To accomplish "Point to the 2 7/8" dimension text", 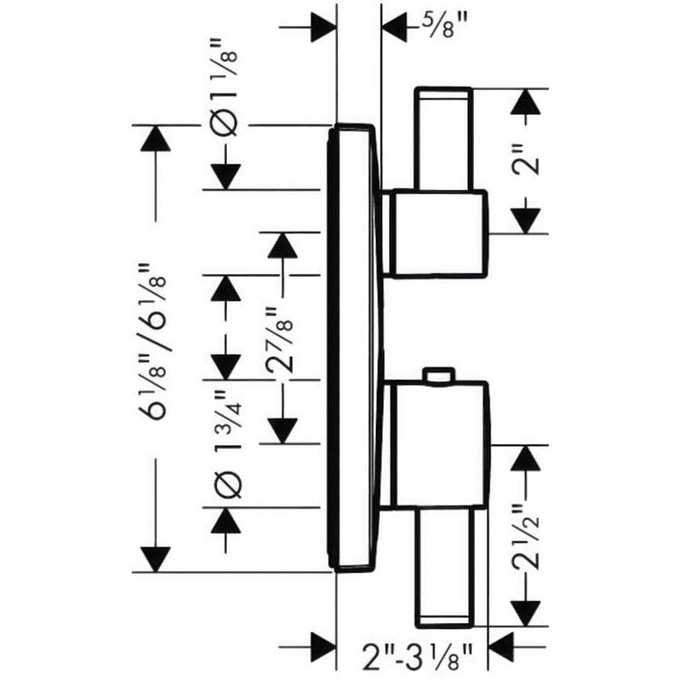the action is tap(280, 340).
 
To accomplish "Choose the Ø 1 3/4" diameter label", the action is tap(226, 444).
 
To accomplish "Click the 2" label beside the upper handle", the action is tap(527, 160).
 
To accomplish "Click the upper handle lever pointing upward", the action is tap(443, 139).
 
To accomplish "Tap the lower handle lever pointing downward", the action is tap(444, 567).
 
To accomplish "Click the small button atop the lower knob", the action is tap(439, 376).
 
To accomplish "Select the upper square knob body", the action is tap(438, 233).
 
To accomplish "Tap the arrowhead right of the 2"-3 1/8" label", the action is tap(501, 646).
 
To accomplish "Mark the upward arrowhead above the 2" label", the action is tap(526, 102).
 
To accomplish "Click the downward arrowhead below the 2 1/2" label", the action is tap(526, 613).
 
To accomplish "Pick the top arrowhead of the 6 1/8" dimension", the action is tap(155, 138).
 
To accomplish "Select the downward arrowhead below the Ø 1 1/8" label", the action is tap(225, 177).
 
